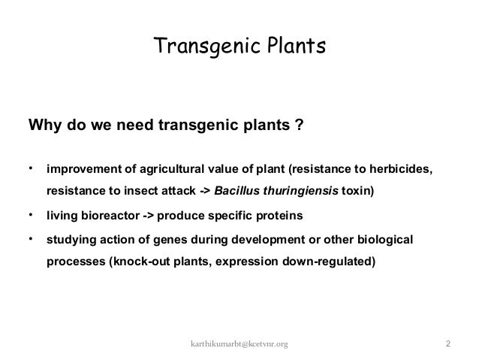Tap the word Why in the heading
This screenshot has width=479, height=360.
pos(42,124)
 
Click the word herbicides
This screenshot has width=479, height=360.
pos(399,168)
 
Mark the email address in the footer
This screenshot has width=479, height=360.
pos(239,344)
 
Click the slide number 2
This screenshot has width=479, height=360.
pos(447,344)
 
